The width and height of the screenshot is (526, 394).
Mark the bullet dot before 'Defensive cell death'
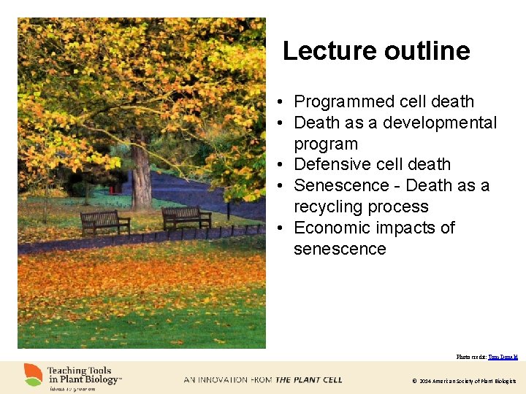pyautogui.click(x=281, y=165)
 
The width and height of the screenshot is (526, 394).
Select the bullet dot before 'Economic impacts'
pyautogui.click(x=281, y=228)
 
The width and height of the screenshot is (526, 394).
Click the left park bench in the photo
pyautogui.click(x=104, y=221)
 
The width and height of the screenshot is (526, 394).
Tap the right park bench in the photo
pyautogui.click(x=186, y=217)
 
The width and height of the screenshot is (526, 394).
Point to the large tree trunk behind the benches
pyautogui.click(x=141, y=179)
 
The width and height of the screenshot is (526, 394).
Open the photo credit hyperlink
pyautogui.click(x=503, y=357)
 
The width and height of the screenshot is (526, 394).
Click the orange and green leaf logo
pyautogui.click(x=33, y=375)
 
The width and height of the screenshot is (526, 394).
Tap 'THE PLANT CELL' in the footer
pyautogui.click(x=308, y=379)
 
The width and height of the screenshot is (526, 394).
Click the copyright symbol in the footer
pyautogui.click(x=414, y=381)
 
